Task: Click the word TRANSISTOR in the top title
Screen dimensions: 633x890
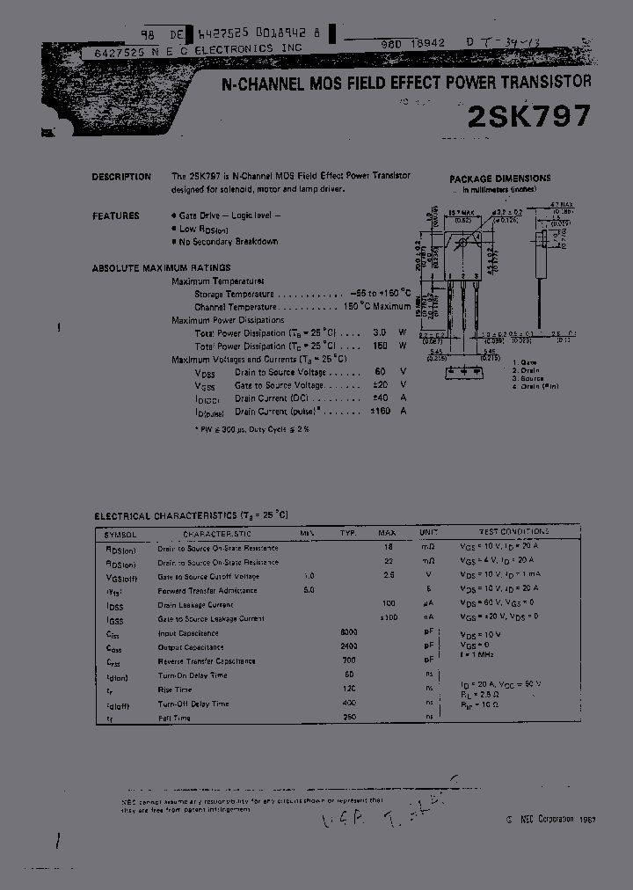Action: (x=542, y=82)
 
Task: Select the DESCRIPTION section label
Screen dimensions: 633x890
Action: (x=121, y=177)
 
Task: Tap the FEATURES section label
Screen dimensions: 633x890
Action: (x=115, y=215)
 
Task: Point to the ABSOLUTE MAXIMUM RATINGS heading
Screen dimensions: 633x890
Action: (x=161, y=267)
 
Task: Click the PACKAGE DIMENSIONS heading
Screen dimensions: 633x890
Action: (x=500, y=179)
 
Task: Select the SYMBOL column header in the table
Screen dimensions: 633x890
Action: (x=120, y=534)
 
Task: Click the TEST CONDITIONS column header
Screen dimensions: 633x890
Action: (x=513, y=532)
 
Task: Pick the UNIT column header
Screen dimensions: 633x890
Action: (x=429, y=533)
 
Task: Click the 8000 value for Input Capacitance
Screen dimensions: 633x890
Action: (x=349, y=633)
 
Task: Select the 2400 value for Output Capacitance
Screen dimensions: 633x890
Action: (x=349, y=647)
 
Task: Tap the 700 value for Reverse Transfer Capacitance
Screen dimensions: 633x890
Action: (x=349, y=661)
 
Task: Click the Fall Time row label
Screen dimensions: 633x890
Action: (x=174, y=719)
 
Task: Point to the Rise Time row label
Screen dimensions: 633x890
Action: (x=175, y=689)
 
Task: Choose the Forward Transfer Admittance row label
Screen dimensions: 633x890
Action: (x=207, y=590)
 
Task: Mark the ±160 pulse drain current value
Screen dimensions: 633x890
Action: (x=379, y=411)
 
